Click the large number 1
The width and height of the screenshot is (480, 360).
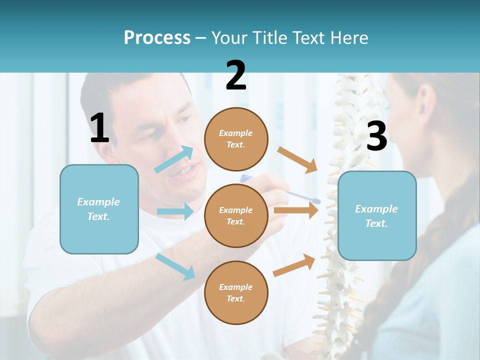[x=99, y=128]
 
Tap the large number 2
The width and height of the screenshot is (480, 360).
[x=236, y=75]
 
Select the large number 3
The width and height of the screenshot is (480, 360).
[x=376, y=136]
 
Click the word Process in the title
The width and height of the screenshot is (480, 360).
[x=157, y=37]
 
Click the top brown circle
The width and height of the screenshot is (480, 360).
[x=236, y=139]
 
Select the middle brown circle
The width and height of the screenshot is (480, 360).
[x=236, y=215]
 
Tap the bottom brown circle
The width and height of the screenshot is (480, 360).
[x=236, y=292]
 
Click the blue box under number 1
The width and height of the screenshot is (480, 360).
[x=99, y=209]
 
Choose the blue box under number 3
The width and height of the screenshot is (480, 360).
[x=377, y=216]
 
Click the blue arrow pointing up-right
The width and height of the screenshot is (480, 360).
[x=174, y=159]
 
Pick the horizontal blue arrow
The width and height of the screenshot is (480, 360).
[x=175, y=211]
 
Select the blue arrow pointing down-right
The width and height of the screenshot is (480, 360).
[x=175, y=266]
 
